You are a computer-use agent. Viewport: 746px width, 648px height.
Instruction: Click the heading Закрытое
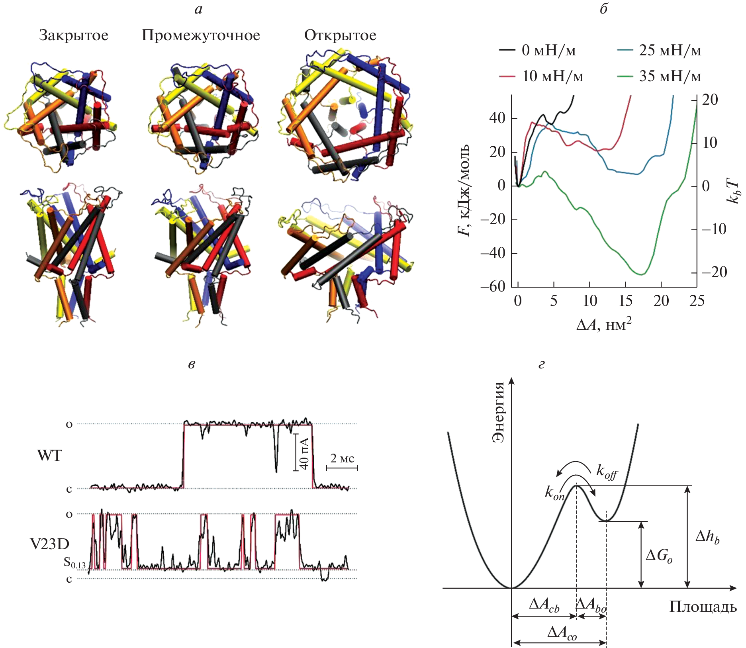point(74,35)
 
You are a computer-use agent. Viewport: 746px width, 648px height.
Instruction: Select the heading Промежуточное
point(201,35)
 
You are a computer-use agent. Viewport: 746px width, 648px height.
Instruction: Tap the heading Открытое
point(340,35)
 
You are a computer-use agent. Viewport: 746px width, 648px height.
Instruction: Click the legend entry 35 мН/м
point(670,76)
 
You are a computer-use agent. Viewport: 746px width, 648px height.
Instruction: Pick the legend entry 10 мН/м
point(552,76)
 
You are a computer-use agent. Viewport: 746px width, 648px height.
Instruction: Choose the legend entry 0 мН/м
point(548,51)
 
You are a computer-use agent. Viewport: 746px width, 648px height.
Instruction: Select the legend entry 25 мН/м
point(670,51)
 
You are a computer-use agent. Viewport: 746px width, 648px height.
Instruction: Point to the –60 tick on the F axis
point(493,286)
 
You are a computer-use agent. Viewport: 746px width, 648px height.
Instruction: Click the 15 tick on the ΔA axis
point(625,301)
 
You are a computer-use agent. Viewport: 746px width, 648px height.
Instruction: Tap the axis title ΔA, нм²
point(604,325)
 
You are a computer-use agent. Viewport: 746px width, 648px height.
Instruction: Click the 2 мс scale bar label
point(342,458)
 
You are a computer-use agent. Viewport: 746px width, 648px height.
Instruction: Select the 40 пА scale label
point(303,452)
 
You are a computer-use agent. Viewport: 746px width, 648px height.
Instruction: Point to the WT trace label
point(50,455)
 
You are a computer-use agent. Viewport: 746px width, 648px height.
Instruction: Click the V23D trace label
point(49,544)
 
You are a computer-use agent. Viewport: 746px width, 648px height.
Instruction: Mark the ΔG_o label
point(659,555)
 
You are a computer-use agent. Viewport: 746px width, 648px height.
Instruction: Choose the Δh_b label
point(707,537)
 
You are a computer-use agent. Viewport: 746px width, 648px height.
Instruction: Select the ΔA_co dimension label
point(562,632)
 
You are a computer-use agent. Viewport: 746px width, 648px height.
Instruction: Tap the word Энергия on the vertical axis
point(498,412)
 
